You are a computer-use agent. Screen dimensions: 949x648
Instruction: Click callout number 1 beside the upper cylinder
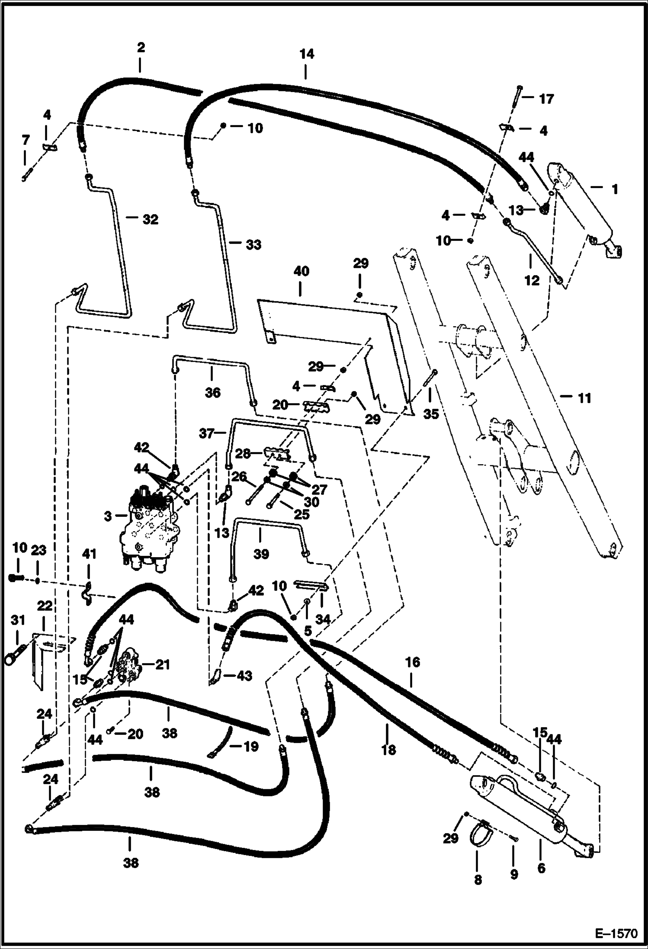click(614, 189)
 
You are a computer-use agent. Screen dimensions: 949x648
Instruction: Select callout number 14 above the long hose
click(306, 54)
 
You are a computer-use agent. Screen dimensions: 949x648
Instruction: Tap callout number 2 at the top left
click(141, 47)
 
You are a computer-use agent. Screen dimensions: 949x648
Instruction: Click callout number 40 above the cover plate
click(302, 271)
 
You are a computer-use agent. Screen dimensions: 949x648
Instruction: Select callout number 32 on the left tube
click(150, 219)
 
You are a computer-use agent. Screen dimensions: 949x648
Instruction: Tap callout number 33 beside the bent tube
click(253, 244)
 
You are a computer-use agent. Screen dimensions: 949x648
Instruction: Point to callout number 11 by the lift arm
click(584, 398)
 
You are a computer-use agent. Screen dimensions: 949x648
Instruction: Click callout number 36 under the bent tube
click(212, 392)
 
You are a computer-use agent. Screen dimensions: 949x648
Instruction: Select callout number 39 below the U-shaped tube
click(261, 554)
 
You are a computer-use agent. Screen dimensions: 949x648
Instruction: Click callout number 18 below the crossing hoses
click(388, 750)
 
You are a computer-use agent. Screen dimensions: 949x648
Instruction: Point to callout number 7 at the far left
click(26, 140)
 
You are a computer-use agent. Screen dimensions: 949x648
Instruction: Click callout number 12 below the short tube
click(532, 280)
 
